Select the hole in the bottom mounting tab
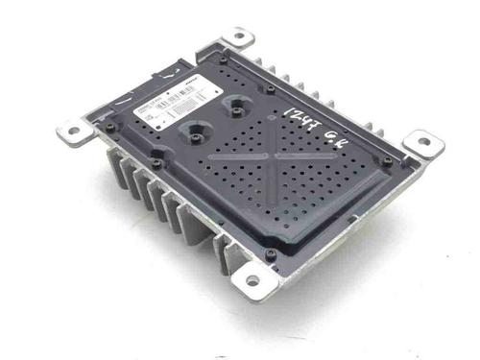pos(252,281)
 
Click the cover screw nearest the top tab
pos(224,60)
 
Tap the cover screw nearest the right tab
pos(388,160)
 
